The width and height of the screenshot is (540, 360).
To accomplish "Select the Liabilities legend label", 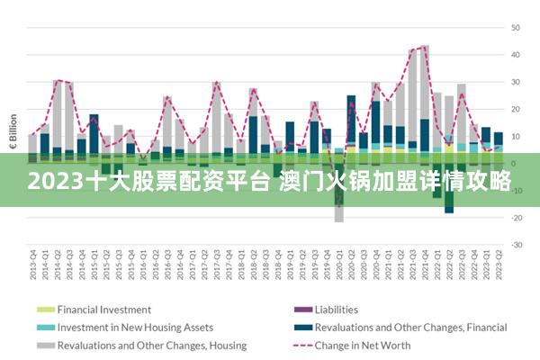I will coord(336,310).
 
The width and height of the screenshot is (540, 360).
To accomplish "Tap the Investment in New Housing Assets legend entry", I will coord(135,327).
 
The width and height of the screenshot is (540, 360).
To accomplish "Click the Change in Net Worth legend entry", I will coord(363,345).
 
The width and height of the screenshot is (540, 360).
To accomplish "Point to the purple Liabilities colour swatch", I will coord(300,310).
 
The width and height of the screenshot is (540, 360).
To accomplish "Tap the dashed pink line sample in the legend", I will coord(300,345).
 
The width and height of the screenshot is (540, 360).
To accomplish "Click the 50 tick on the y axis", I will coord(517,28).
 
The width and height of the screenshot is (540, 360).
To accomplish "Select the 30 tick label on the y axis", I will coord(517,82).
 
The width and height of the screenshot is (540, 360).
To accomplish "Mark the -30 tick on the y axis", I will coord(517,245).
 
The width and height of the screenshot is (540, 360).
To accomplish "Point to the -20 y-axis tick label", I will coord(517,218).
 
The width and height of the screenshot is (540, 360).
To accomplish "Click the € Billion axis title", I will coord(13,131).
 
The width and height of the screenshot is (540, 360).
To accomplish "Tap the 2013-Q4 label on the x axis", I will coord(33,266).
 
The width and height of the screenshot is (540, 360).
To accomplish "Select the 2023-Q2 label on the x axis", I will coord(499,266).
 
